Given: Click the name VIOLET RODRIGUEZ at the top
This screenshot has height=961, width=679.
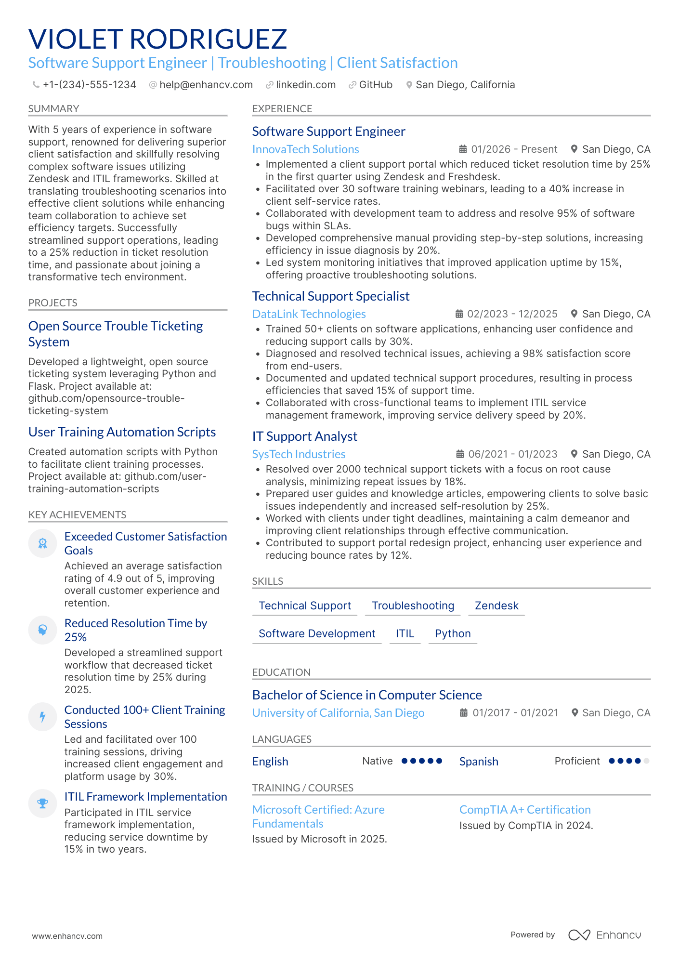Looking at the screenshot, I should (x=157, y=39).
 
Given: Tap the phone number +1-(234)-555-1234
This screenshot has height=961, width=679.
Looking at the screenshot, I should (x=89, y=85).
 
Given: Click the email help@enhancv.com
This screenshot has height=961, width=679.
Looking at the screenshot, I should (x=206, y=85).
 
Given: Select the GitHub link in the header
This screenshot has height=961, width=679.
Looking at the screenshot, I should (x=375, y=85).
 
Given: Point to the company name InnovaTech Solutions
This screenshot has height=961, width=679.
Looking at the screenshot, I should (x=305, y=149).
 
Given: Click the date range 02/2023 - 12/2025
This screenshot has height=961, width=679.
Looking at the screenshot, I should (x=512, y=314).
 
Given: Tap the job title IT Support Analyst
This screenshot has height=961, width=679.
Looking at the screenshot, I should (x=304, y=436).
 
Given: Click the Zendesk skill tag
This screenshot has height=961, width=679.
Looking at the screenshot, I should (x=496, y=606).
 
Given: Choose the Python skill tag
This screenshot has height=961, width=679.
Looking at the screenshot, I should (x=452, y=633).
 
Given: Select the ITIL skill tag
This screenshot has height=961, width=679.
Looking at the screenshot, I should (x=405, y=633).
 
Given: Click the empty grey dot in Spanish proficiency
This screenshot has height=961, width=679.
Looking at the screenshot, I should (x=646, y=761).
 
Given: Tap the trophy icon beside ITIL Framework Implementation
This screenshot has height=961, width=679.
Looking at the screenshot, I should (x=42, y=803).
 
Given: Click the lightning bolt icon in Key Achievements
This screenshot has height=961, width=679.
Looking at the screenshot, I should (x=42, y=717).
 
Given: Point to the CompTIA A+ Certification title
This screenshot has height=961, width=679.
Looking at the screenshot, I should (x=524, y=810).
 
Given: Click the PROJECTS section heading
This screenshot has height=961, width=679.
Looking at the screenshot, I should (x=52, y=303).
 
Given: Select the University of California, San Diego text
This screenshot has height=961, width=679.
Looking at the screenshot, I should (x=338, y=713).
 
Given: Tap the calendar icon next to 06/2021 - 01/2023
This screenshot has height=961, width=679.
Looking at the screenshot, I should (x=460, y=454).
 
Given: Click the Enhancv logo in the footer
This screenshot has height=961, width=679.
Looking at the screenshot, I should (x=604, y=935).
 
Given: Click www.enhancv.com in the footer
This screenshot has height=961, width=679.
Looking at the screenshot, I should (x=67, y=936).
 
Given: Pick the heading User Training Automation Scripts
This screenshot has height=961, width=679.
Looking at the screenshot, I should (x=122, y=432).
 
